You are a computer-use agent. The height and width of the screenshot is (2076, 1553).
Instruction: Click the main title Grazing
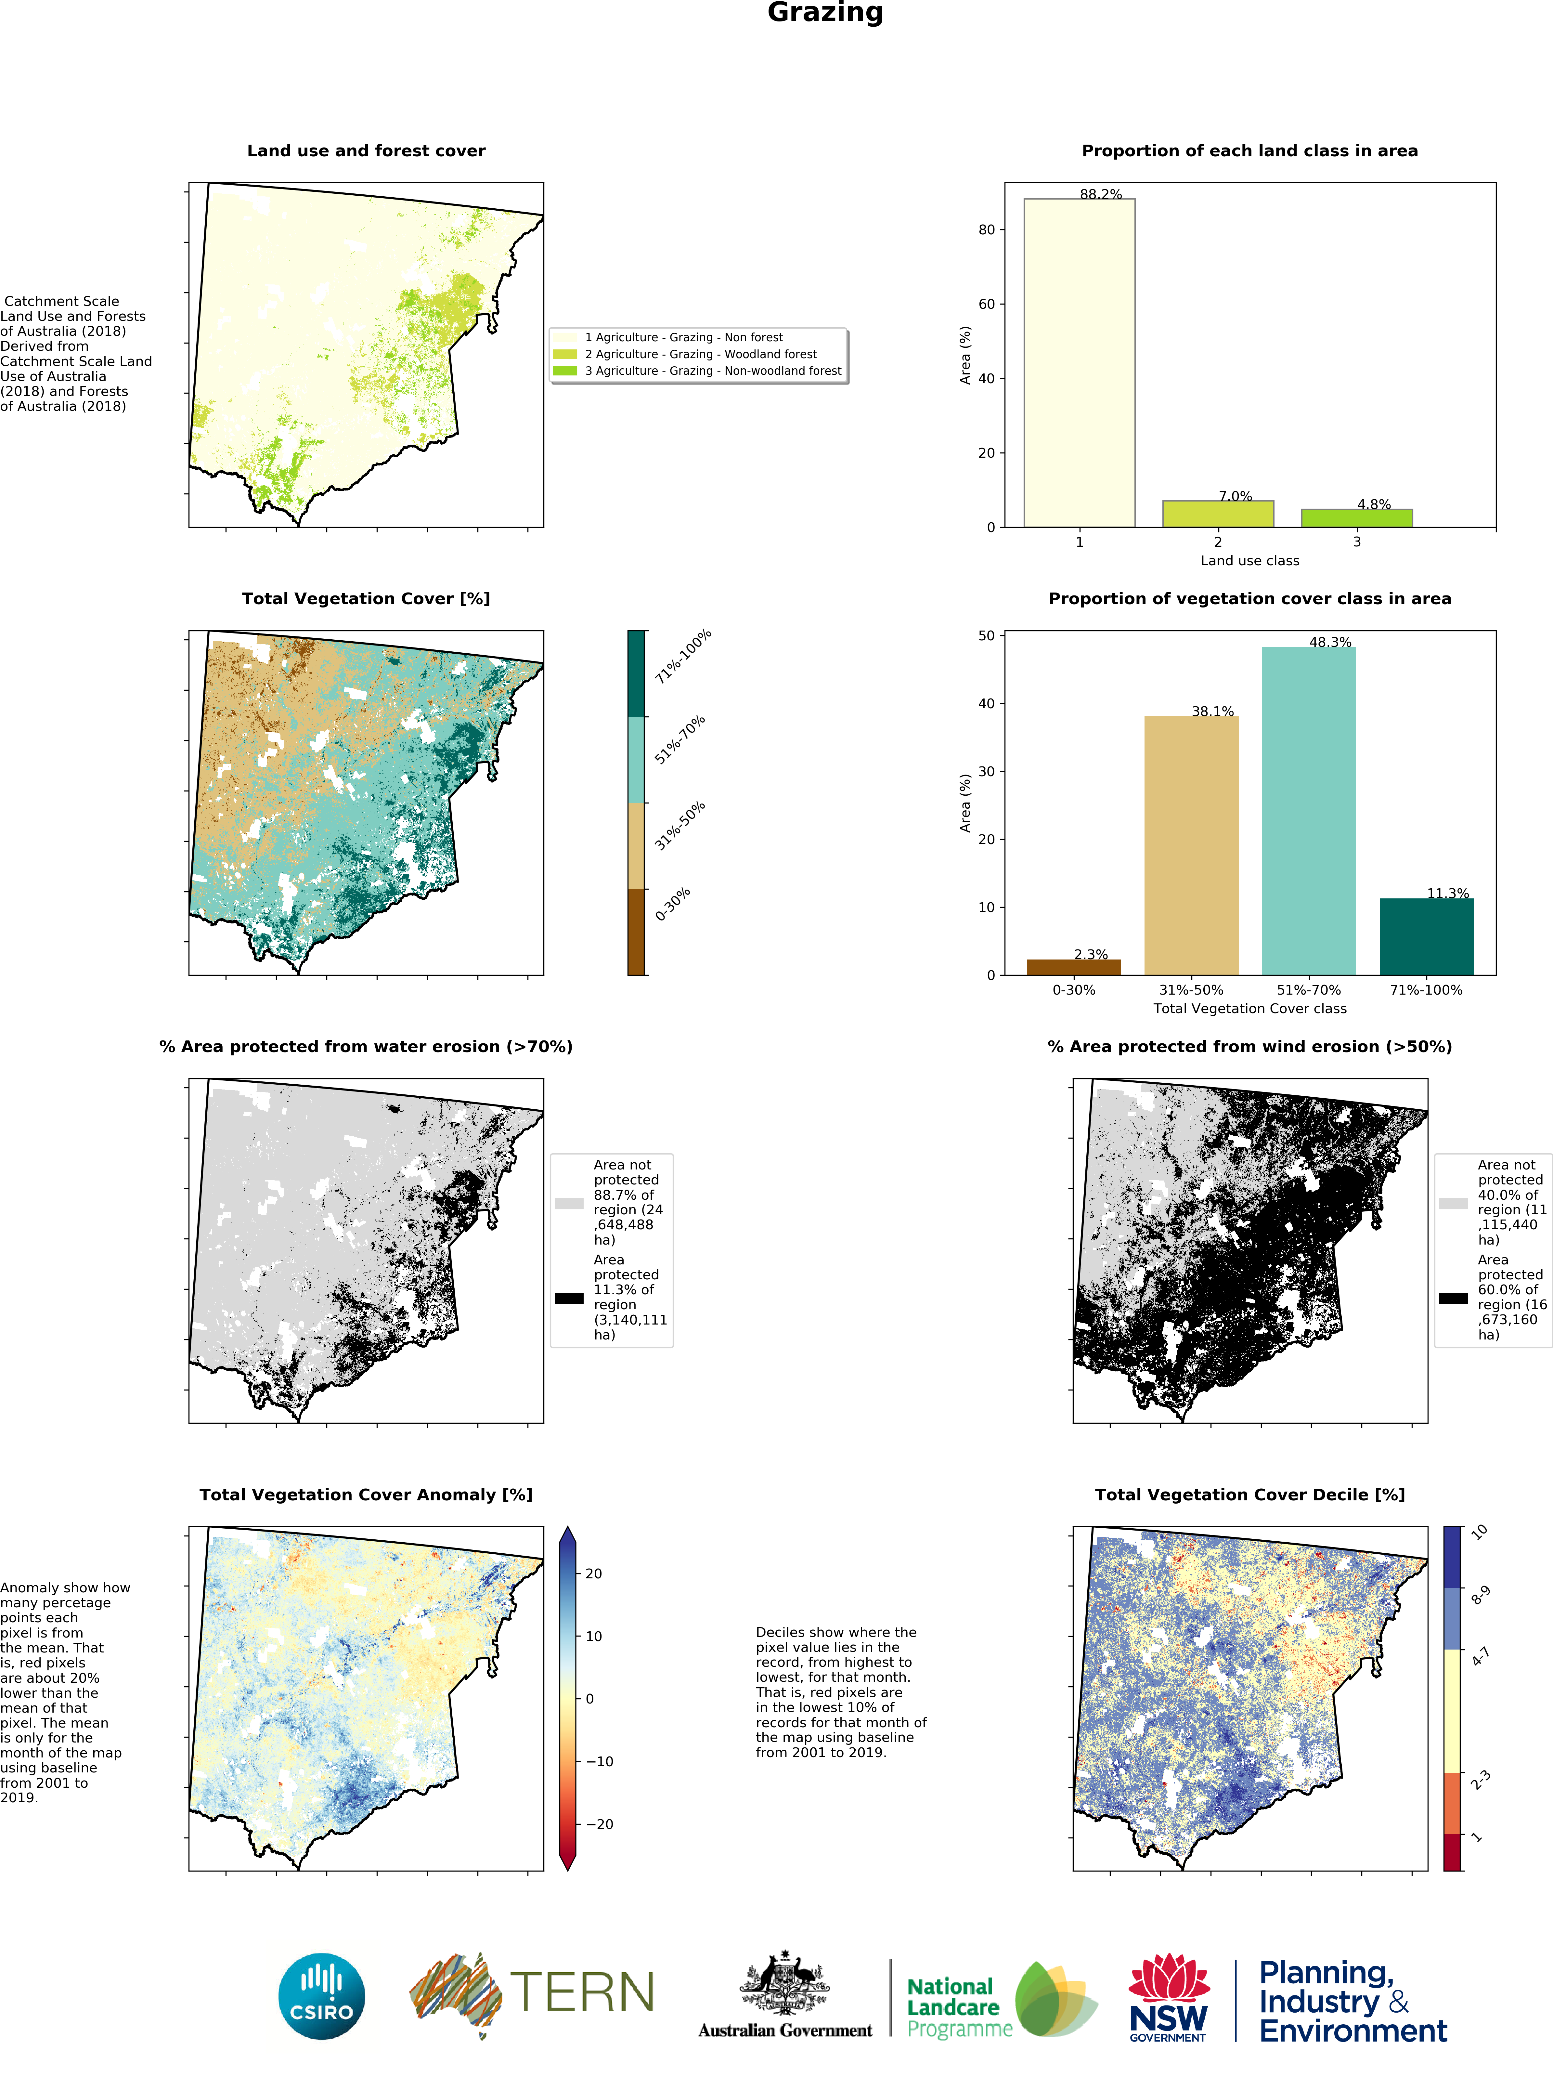coord(825,13)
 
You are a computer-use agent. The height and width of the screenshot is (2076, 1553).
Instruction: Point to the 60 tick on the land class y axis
coord(986,304)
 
